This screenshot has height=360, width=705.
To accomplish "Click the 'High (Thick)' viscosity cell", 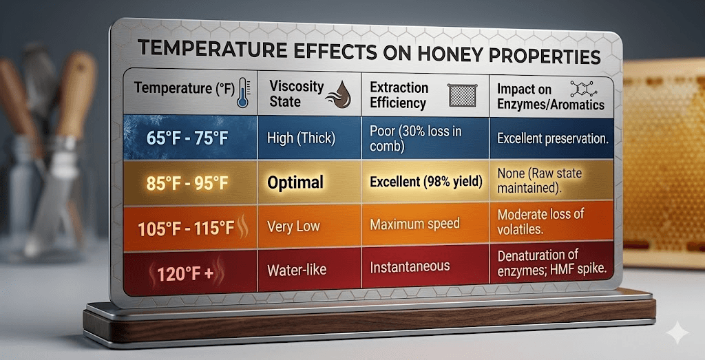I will pyautogui.click(x=301, y=138).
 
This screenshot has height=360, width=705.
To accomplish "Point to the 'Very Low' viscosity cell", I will pyautogui.click(x=293, y=226).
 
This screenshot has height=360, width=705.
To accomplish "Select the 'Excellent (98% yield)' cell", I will pyautogui.click(x=424, y=182).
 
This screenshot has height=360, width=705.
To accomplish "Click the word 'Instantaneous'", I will pyautogui.click(x=410, y=266).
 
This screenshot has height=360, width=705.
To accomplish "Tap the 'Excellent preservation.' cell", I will pyautogui.click(x=552, y=138).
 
